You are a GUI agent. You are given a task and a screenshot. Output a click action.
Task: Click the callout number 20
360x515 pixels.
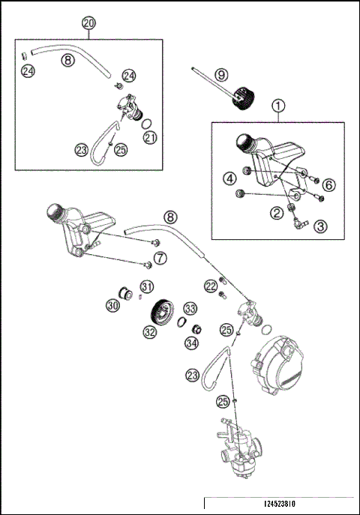coord(89,23)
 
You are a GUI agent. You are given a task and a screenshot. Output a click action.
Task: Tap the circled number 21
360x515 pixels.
coord(150,137)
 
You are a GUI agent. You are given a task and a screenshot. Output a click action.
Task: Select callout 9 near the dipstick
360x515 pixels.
coord(220,75)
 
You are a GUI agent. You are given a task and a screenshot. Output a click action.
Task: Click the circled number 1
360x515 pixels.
coord(278,106)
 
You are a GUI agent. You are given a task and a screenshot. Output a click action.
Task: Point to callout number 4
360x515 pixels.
coord(229,178)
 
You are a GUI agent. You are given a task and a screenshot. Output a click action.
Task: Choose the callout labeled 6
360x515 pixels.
coord(330,184)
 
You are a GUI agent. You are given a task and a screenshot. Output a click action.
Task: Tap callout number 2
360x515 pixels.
coord(277,214)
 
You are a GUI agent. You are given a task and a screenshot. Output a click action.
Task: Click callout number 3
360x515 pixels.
coord(321,225)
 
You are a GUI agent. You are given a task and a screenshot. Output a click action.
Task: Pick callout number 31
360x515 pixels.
coord(147,286)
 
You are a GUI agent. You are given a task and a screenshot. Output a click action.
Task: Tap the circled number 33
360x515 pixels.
coord(190,308)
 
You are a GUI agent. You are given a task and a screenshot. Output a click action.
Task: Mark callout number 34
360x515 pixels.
coord(191,343)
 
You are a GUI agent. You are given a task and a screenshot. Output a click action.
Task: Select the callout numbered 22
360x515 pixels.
coord(211,286)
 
